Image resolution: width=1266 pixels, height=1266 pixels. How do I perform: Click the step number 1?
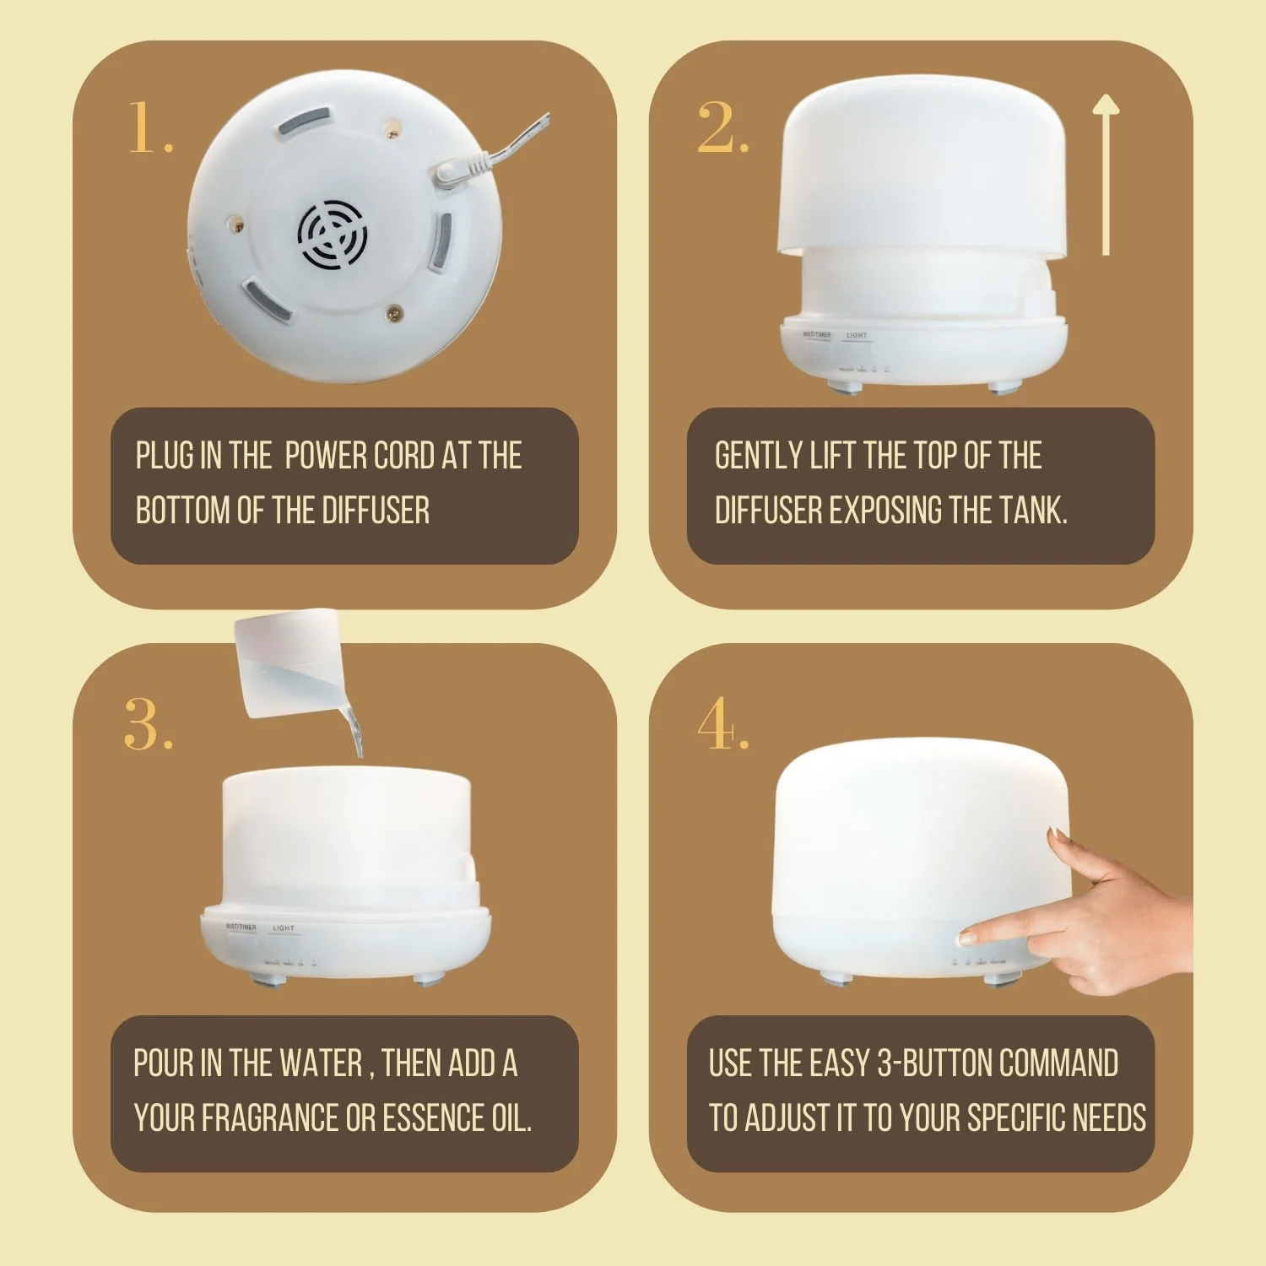(x=149, y=128)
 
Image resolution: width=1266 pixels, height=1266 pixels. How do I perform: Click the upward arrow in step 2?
(x=1106, y=173)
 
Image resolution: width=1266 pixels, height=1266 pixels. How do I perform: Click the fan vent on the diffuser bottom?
(x=333, y=235)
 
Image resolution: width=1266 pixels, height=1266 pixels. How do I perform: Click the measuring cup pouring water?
(x=287, y=662)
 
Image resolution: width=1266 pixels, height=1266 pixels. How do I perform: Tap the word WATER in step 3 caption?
(x=321, y=1063)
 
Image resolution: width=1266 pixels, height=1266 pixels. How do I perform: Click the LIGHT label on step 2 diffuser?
(x=857, y=335)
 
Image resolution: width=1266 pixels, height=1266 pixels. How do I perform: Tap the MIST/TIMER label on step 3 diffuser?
(x=241, y=927)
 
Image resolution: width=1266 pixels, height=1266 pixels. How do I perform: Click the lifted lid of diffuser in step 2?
(x=924, y=169)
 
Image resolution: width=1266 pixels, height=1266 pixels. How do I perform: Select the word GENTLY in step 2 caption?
(x=758, y=456)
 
